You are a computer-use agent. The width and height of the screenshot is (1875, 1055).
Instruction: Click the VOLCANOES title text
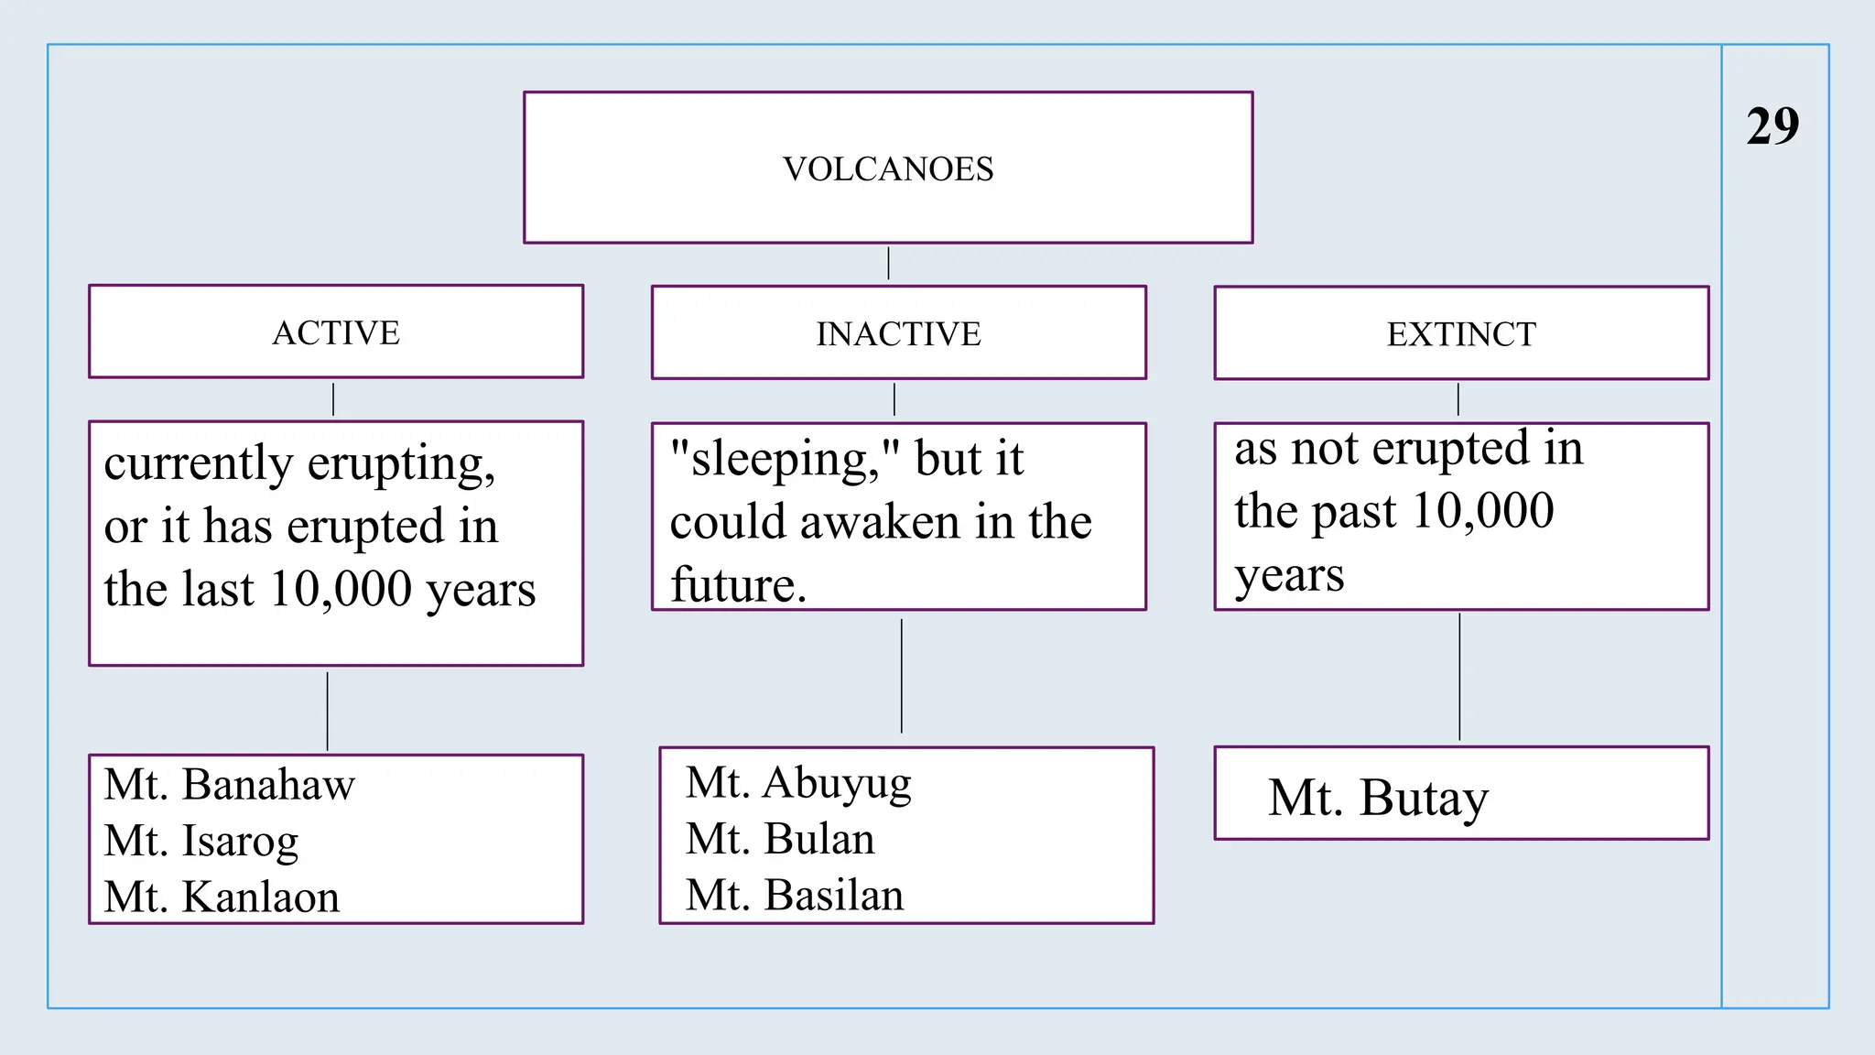tap(887, 169)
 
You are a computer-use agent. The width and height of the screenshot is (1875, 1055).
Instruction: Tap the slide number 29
tap(1772, 126)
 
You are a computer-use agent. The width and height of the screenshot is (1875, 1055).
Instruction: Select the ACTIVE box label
tap(336, 332)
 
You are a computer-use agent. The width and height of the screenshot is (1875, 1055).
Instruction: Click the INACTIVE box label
tap(898, 334)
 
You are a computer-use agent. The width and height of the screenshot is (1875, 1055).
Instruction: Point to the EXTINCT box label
tap(1461, 334)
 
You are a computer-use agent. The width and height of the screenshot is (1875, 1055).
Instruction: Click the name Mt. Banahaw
tap(229, 785)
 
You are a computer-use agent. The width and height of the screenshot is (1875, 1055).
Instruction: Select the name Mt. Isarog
tap(201, 841)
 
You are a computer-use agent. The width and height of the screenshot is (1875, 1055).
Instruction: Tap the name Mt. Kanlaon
tap(222, 897)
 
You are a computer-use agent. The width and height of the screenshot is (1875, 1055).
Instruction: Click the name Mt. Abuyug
tap(798, 783)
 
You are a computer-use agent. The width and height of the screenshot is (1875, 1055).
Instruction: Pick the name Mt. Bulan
tap(780, 839)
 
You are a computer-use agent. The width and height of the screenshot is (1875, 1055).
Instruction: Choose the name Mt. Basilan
tap(795, 895)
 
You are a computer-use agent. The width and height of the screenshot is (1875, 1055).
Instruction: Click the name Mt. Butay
tap(1378, 798)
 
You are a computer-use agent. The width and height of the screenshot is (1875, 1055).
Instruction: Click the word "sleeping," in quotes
tap(786, 459)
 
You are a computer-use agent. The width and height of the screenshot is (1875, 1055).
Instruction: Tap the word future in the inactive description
tap(737, 585)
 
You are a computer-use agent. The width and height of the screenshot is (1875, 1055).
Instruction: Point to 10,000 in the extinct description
tap(1483, 511)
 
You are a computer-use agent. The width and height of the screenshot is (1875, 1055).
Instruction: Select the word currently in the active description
tap(198, 463)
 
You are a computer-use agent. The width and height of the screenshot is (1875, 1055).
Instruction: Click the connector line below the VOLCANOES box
tap(888, 263)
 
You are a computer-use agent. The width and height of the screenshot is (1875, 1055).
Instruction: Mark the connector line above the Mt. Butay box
tap(1459, 678)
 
